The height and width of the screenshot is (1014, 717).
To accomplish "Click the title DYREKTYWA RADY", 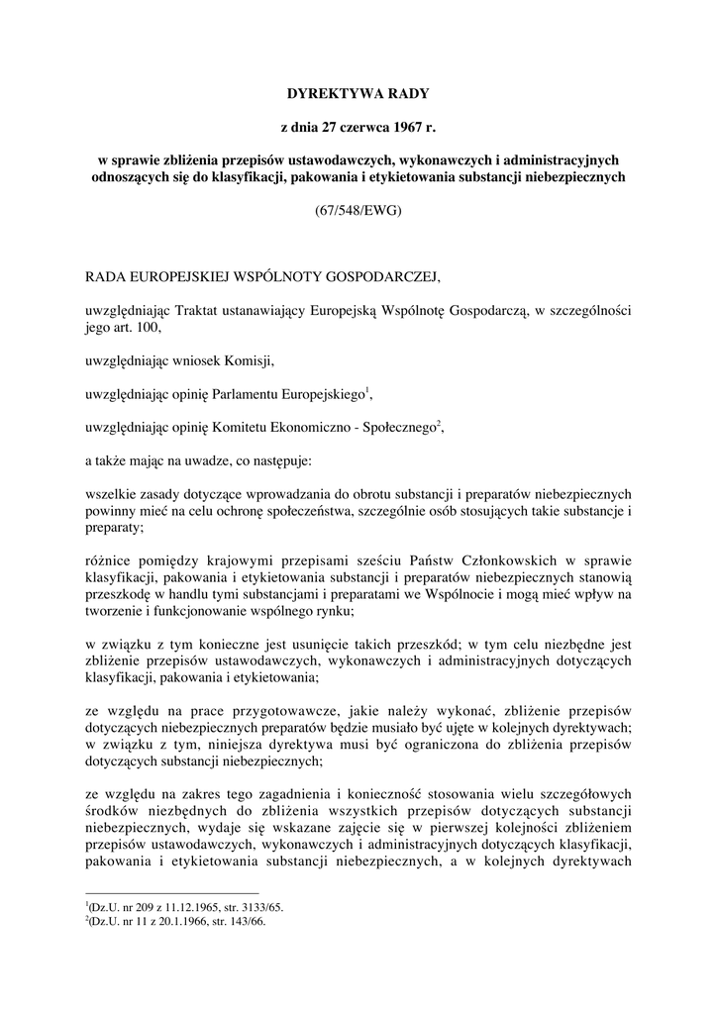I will (358, 95).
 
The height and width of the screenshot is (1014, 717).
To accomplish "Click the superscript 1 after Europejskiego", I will (367, 391).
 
